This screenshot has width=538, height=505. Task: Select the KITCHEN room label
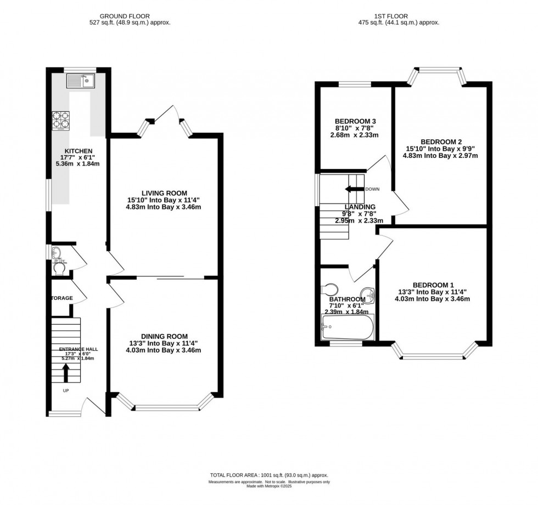[x=79, y=151]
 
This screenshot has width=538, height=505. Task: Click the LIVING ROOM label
[x=164, y=193]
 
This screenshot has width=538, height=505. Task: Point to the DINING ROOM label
[x=164, y=336]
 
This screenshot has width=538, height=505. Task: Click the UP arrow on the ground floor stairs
[x=66, y=374]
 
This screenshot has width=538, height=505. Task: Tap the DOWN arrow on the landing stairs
[x=355, y=189]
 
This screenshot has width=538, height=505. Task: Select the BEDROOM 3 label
[x=355, y=121]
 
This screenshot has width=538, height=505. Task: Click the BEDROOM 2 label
[x=442, y=141]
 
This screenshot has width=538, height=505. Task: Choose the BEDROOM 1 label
[x=433, y=285]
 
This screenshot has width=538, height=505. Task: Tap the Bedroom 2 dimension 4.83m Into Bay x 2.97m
[x=442, y=155]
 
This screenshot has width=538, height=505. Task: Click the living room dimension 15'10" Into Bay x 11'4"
[x=164, y=200]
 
